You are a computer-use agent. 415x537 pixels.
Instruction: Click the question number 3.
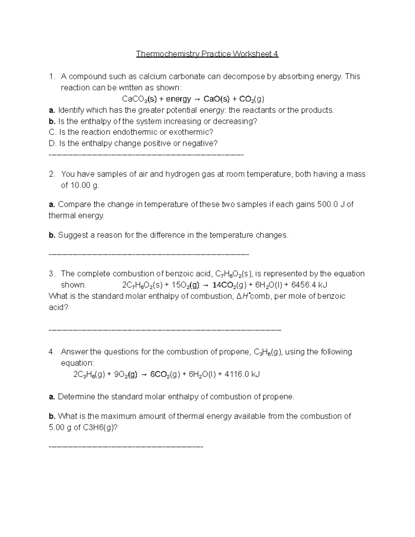click(x=52, y=274)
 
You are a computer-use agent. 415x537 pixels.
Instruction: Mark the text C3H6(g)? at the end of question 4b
click(x=100, y=427)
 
